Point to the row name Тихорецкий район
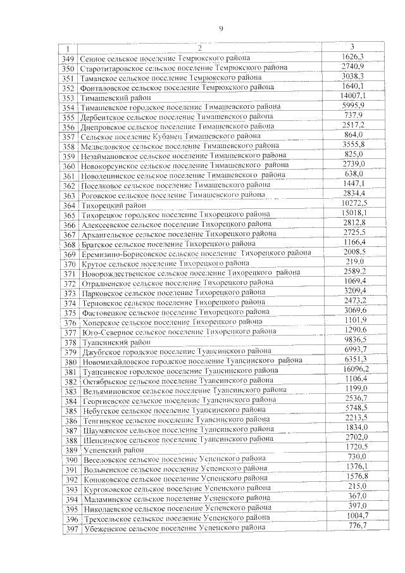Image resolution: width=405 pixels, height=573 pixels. [115, 206]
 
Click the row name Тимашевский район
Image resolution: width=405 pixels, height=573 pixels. [115, 99]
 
